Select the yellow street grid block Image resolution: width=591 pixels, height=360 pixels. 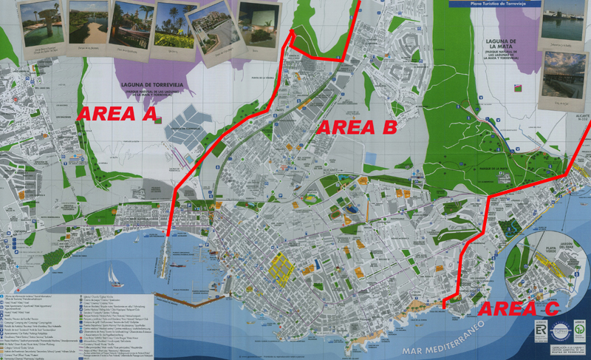coord(280,265)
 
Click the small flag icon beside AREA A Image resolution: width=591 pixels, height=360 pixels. coord(157,121)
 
